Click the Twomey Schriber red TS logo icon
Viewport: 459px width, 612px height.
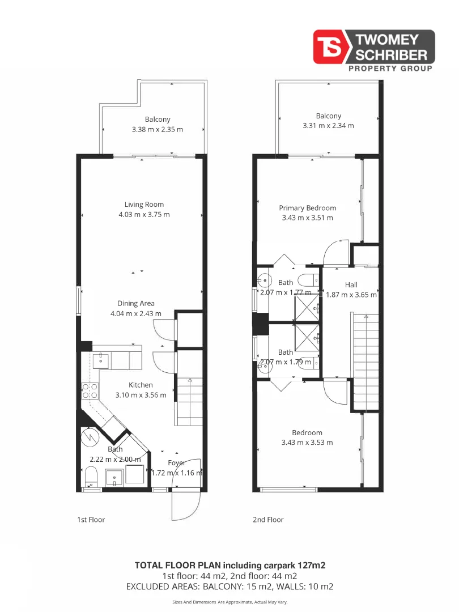coord(332,47)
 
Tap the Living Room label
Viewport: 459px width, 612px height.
coord(144,205)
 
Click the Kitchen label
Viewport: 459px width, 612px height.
coord(141,385)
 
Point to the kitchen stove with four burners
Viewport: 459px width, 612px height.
coord(91,391)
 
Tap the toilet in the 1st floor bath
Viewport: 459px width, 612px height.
coord(92,477)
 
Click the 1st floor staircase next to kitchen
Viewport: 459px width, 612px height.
coord(188,402)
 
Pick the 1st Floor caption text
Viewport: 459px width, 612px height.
coord(91,519)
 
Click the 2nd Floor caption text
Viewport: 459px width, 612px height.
coord(268,519)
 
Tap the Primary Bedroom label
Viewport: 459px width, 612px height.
coord(307,208)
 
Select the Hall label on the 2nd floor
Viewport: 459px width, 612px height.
coord(351,284)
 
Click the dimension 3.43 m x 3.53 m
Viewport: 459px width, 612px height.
coord(307,443)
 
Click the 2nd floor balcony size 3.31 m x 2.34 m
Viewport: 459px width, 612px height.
coord(328,126)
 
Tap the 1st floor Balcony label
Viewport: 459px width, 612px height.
coord(158,120)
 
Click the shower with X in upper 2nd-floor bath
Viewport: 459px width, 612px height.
coord(306,307)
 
